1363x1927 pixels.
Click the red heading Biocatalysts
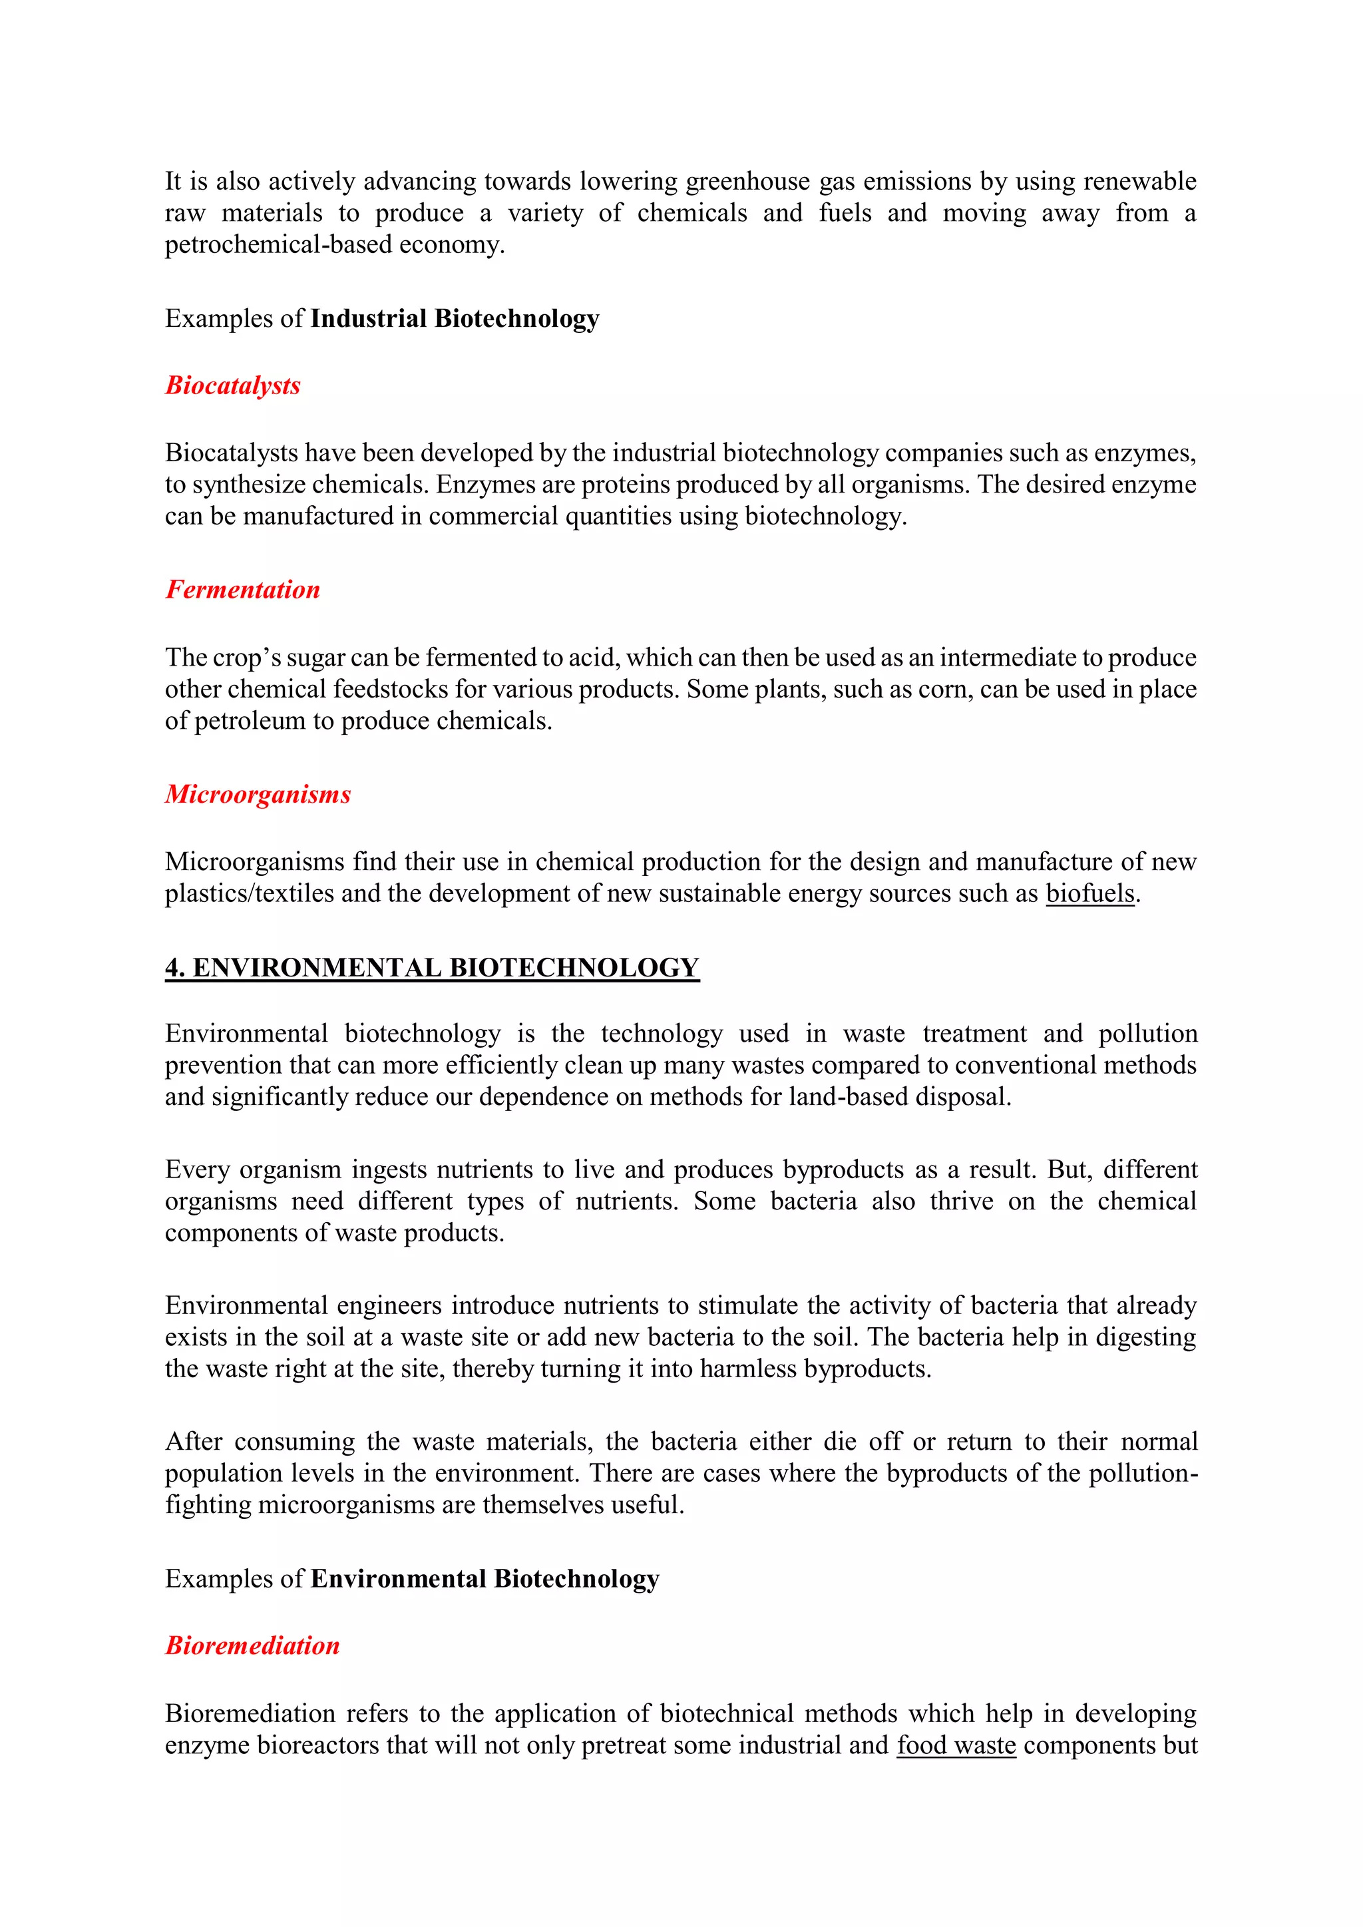click(x=232, y=385)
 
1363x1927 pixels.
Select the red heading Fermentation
click(x=242, y=590)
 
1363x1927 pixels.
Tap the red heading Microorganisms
click(x=258, y=794)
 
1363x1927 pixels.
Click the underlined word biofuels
click(x=1089, y=894)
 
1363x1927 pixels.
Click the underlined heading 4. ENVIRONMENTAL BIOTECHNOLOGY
click(x=431, y=968)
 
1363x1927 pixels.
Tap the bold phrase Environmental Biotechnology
click(x=485, y=1579)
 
